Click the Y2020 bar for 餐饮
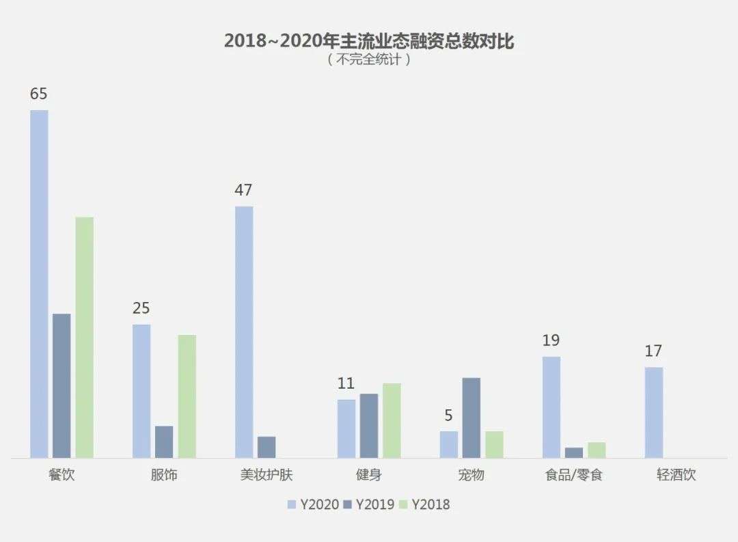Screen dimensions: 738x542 pos(39,284)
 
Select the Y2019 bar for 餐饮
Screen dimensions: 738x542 pos(61,385)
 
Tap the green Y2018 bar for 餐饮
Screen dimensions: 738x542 pos(84,337)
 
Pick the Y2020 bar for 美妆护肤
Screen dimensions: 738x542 pos(244,332)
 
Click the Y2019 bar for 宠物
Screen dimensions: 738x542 pos(471,418)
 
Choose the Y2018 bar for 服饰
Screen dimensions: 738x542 pos(187,396)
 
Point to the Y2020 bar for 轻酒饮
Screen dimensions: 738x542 pos(654,413)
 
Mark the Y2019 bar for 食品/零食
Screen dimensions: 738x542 pos(574,452)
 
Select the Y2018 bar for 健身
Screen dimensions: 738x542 pos(392,420)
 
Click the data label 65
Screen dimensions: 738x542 pos(38,94)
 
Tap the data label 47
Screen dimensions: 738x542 pos(243,190)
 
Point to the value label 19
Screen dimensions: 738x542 pos(551,340)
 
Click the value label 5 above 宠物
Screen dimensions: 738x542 pos(448,415)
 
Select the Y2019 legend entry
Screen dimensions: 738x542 pos(369,504)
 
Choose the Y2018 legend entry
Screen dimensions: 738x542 pos(424,504)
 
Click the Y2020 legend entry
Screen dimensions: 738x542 pos(314,504)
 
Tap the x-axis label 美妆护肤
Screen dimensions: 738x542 pos(266,474)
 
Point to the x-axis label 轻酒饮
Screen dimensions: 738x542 pos(676,474)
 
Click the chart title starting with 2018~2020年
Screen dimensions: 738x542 pos(369,41)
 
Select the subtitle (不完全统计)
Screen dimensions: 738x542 pos(369,59)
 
